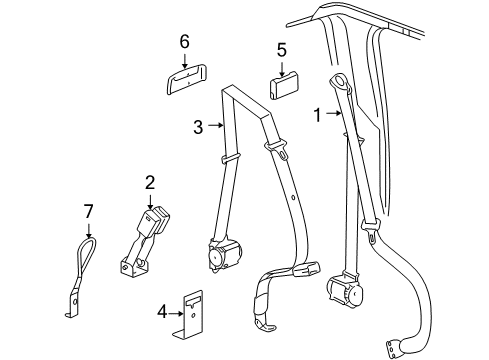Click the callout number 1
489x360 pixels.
click(319, 115)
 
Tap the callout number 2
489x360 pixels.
click(150, 183)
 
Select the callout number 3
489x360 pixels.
click(197, 126)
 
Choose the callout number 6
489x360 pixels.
click(184, 41)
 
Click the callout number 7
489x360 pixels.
click(88, 210)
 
